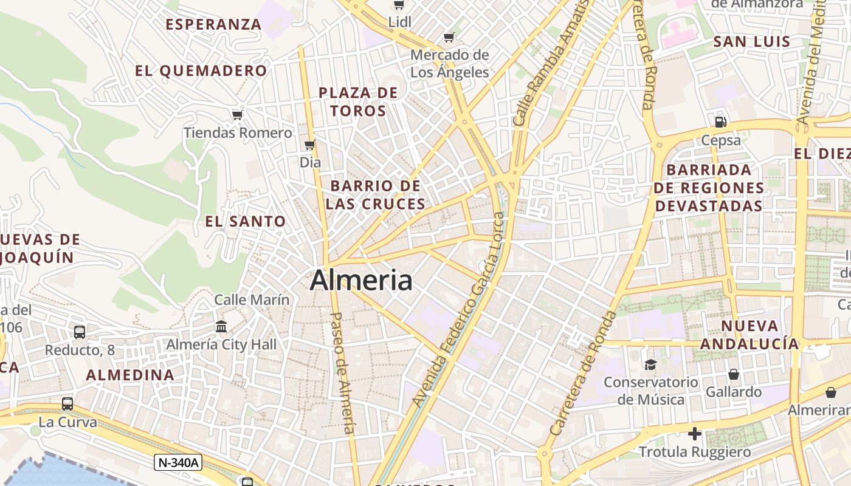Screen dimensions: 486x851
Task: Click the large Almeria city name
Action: click(x=361, y=281)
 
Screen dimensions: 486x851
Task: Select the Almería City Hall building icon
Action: click(x=221, y=327)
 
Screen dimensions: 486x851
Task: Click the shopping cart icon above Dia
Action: click(x=309, y=145)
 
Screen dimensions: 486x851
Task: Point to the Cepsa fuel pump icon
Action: click(x=721, y=122)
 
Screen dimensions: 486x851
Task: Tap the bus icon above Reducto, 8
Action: click(x=80, y=332)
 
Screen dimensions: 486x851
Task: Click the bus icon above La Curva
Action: click(x=67, y=403)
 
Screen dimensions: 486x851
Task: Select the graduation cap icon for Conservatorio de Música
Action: click(x=650, y=364)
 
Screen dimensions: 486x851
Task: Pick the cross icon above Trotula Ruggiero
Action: click(x=694, y=434)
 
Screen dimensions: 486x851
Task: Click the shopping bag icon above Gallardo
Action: click(x=734, y=374)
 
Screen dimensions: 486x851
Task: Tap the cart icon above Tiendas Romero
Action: click(x=238, y=115)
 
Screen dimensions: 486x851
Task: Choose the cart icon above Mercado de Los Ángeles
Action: click(x=449, y=38)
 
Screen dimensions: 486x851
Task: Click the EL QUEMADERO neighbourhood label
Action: click(x=201, y=71)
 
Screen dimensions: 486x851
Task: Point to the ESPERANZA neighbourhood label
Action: click(x=213, y=24)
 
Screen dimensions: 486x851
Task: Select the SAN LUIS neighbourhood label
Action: click(x=752, y=42)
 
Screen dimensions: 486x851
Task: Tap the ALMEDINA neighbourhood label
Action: click(x=130, y=375)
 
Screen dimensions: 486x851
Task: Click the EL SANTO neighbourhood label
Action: click(x=246, y=222)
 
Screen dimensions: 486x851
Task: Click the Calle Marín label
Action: click(x=252, y=299)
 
